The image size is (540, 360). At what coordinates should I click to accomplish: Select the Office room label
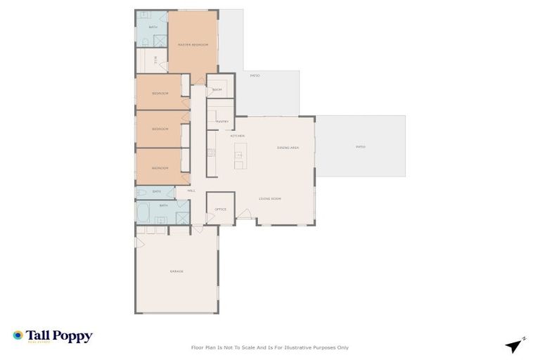220,209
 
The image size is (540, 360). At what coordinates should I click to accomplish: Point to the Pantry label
222,121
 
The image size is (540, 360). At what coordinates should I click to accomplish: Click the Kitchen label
237,135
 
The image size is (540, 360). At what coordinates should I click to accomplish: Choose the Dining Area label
288,148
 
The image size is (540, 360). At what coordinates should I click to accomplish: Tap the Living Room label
270,199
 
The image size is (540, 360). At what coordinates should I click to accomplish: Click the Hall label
191,191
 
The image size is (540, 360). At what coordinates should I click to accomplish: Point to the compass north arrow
515,345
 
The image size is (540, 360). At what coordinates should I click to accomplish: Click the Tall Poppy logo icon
18,336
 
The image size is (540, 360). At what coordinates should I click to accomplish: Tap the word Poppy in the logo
75,336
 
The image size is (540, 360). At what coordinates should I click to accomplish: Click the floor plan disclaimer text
270,347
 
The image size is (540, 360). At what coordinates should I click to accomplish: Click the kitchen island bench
239,156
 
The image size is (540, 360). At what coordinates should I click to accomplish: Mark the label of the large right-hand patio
360,147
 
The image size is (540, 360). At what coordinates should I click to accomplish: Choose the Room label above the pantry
217,90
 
